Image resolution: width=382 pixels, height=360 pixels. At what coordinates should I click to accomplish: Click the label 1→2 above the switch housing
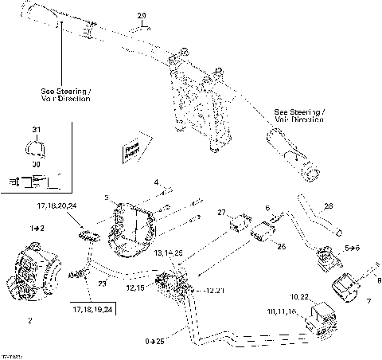tap(37, 228)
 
